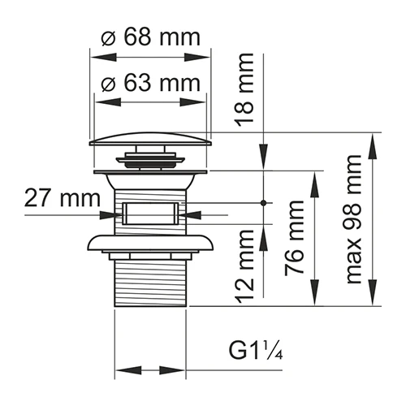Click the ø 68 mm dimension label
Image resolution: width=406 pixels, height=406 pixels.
(151, 38)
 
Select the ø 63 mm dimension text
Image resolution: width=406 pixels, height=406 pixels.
(151, 83)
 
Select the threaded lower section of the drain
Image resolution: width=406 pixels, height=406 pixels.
(150, 280)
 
